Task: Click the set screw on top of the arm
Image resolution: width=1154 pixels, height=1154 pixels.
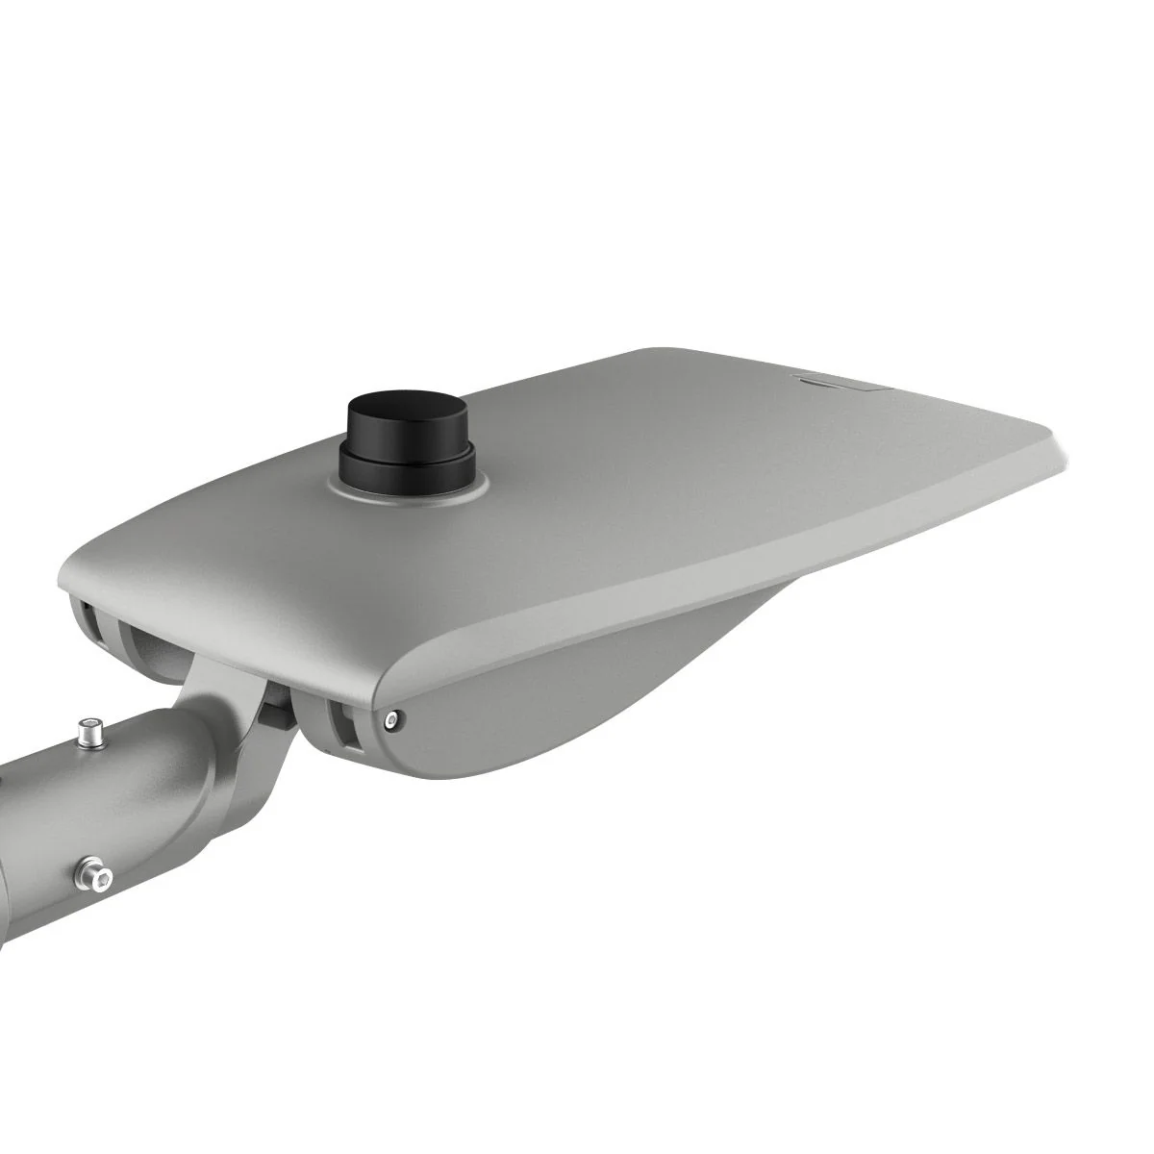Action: pyautogui.click(x=91, y=734)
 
